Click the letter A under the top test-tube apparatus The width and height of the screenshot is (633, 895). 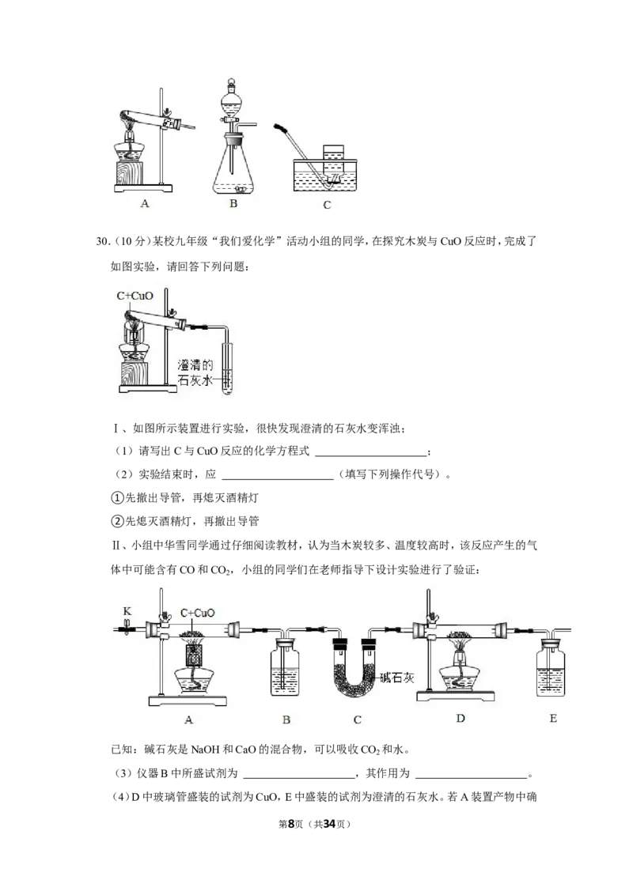145,203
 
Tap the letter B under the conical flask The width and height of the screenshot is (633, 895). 233,203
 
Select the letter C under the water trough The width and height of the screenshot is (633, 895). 327,205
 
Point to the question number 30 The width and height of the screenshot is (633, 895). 103,241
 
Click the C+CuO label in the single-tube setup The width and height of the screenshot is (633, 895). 135,296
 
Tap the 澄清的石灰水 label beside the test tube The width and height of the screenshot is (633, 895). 195,372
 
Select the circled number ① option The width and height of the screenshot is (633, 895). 117,498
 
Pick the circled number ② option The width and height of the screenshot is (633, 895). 117,521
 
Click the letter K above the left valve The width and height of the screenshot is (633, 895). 127,611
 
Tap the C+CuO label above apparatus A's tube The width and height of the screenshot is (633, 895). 198,613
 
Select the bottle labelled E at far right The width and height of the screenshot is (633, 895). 551,668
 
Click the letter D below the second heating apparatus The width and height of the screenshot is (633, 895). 461,718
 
